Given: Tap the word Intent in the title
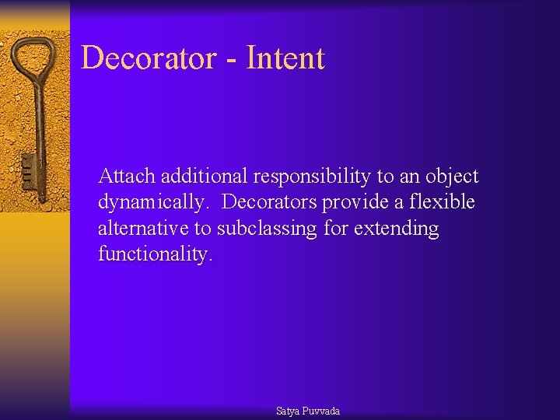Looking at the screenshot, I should point(285,58).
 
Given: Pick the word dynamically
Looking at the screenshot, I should point(153,203).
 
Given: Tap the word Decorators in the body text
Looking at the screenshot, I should point(270,202).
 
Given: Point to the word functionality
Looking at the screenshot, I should point(155,255).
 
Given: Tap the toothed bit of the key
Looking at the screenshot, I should point(27,170).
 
